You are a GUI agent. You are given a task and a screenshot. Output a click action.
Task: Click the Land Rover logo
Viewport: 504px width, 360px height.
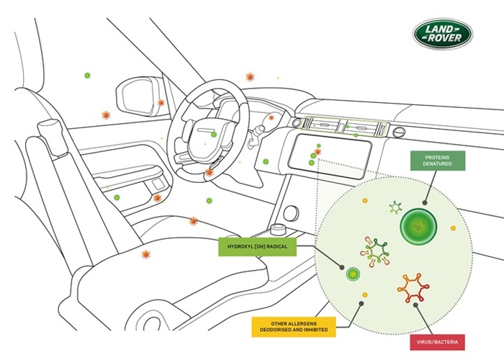pyautogui.click(x=443, y=34)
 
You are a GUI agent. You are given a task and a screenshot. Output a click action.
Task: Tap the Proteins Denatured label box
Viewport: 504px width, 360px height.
pyautogui.click(x=438, y=161)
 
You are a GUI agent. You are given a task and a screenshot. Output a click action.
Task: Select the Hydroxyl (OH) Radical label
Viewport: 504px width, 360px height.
pyautogui.click(x=257, y=247)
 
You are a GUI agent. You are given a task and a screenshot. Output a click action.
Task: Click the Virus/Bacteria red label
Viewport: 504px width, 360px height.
pyautogui.click(x=437, y=342)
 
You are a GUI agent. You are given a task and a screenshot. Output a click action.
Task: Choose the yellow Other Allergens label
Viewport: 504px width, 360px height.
pyautogui.click(x=294, y=327)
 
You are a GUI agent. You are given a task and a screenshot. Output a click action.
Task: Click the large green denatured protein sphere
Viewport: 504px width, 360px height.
pyautogui.click(x=418, y=227)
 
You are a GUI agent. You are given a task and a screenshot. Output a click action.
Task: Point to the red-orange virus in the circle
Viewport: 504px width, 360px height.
pyautogui.click(x=413, y=288)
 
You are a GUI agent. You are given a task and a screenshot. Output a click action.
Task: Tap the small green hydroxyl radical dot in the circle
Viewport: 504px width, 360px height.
pyautogui.click(x=353, y=274)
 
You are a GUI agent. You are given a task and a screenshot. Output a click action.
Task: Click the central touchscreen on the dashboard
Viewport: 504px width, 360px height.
pyautogui.click(x=330, y=156)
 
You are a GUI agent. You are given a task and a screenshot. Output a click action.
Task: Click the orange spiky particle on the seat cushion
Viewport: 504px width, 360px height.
pyautogui.click(x=145, y=255)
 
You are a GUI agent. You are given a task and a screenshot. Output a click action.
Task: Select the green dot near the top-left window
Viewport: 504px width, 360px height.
pyautogui.click(x=87, y=76)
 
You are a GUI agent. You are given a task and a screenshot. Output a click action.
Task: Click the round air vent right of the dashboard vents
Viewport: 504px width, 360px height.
pyautogui.click(x=399, y=132)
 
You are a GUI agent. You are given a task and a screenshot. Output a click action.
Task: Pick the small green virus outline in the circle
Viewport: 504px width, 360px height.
pyautogui.click(x=395, y=207)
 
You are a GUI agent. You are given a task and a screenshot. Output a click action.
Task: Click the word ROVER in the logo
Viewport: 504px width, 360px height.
pyautogui.click(x=444, y=38)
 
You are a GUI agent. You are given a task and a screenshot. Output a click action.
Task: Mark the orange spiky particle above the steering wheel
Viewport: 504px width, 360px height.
pyautogui.click(x=250, y=77)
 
